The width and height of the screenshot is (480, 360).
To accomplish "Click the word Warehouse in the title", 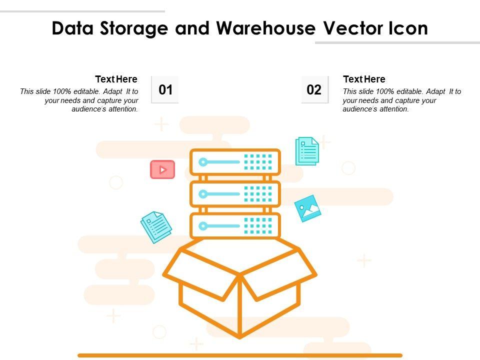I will pyautogui.click(x=265, y=28).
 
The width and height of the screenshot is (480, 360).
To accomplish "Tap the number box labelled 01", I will pyautogui.click(x=165, y=90).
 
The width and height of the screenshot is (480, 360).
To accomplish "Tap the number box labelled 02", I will pyautogui.click(x=314, y=90).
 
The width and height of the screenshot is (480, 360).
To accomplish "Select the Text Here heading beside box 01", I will pyautogui.click(x=116, y=79).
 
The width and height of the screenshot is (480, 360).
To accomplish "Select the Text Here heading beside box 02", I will pyautogui.click(x=364, y=79).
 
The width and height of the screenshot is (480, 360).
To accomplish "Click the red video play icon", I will pyautogui.click(x=162, y=169).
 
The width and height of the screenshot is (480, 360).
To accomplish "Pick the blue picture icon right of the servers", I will pyautogui.click(x=307, y=208).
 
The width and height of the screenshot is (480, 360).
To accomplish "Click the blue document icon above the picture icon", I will pyautogui.click(x=307, y=150).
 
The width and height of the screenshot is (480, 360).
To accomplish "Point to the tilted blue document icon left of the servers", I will pyautogui.click(x=156, y=226).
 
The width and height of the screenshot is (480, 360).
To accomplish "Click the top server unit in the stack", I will pyautogui.click(x=235, y=162).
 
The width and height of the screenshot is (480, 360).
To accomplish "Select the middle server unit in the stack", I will pyautogui.click(x=235, y=193).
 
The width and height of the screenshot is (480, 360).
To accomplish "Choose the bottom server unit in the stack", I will pyautogui.click(x=235, y=225).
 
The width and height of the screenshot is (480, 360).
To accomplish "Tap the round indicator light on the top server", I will pyautogui.click(x=202, y=162).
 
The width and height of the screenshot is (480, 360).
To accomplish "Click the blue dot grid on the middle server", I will pyautogui.click(x=258, y=193).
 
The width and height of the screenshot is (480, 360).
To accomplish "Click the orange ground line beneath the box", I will pyautogui.click(x=240, y=355).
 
